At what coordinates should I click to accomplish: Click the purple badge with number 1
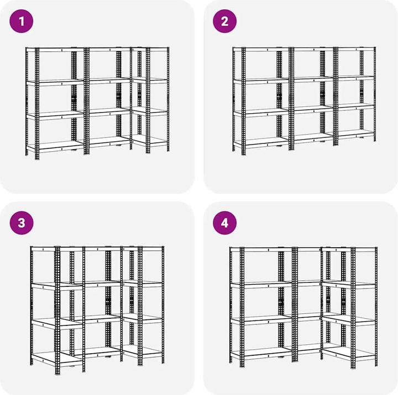pos(22,22)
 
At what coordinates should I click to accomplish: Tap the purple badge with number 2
pos(224,22)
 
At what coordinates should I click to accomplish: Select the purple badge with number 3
pos(22,223)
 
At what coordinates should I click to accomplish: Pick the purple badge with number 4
pos(224,223)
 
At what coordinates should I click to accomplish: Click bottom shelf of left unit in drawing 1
pos(55,146)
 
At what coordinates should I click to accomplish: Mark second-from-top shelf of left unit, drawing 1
pos(55,82)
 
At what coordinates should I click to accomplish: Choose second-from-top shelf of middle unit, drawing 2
pos(313,79)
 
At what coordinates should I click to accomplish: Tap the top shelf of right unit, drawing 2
pos(356,49)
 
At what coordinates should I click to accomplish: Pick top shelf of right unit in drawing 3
pos(143,248)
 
